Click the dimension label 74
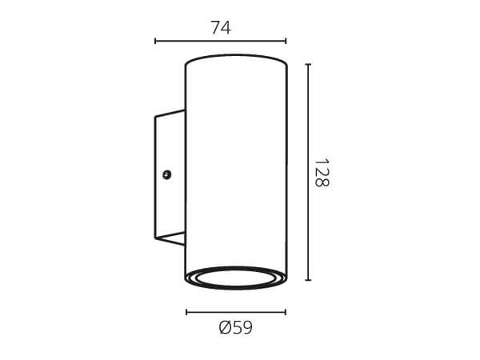click(221, 28)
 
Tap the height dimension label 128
click(322, 173)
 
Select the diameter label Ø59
click(236, 327)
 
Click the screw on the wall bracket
click(166, 174)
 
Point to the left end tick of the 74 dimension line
click(155, 41)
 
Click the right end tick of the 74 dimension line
click(286, 41)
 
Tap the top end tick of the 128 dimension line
click(308, 65)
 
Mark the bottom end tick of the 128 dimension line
click(308, 280)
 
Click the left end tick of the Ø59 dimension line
click(186, 312)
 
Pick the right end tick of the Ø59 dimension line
click(286, 312)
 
